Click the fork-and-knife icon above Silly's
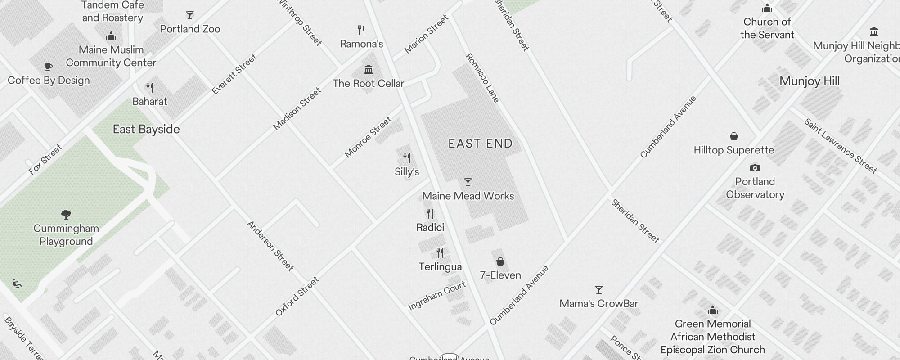point(407,158)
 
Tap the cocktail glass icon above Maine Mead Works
point(468,182)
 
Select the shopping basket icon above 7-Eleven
point(500,261)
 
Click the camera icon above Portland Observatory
point(755,168)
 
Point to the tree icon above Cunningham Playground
point(66,214)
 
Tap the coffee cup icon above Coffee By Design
point(49,67)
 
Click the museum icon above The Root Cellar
point(369,70)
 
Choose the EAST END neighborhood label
point(481,144)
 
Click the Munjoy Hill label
point(810,81)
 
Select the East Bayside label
point(146,130)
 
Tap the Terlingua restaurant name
point(440,267)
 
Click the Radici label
point(430,227)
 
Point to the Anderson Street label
point(270,246)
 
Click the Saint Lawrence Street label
point(841,146)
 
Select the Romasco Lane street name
point(482,78)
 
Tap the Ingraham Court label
point(437,296)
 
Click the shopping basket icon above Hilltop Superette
point(733,136)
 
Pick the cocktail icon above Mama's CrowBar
point(598,290)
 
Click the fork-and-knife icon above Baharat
point(150,88)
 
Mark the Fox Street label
point(45,159)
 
